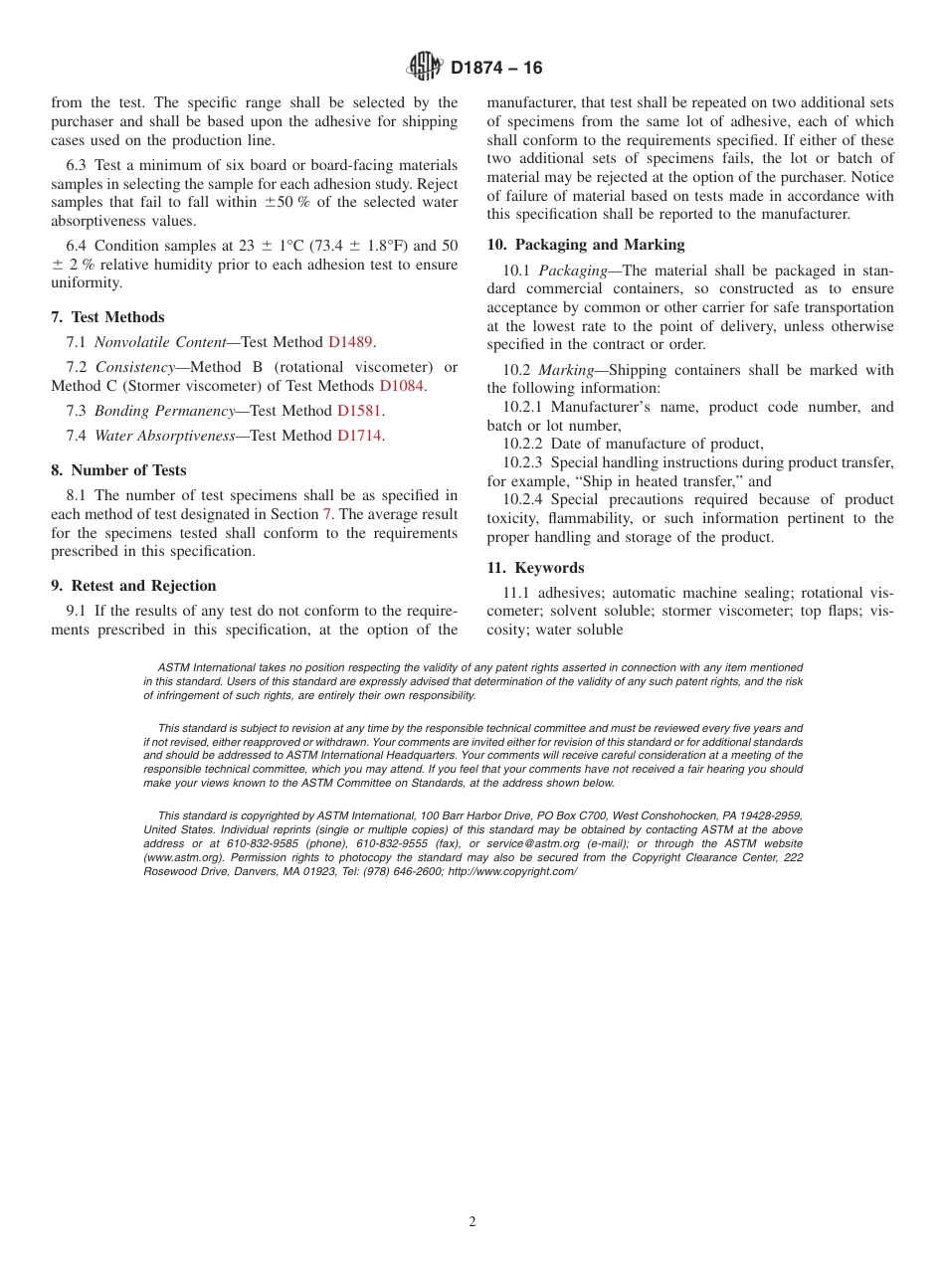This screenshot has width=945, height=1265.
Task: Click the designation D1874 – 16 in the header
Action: [x=496, y=68]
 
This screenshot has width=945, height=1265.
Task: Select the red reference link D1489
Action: [x=350, y=342]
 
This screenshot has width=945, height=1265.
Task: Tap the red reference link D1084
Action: [x=402, y=386]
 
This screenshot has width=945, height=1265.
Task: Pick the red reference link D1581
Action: [x=359, y=411]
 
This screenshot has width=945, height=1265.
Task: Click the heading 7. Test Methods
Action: [x=107, y=317]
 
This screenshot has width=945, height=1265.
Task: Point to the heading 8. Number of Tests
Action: [x=118, y=470]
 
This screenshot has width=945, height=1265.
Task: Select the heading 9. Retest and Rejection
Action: [x=133, y=586]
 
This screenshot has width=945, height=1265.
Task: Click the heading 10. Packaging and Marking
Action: [x=585, y=245]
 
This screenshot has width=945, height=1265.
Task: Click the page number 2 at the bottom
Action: [x=472, y=1222]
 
